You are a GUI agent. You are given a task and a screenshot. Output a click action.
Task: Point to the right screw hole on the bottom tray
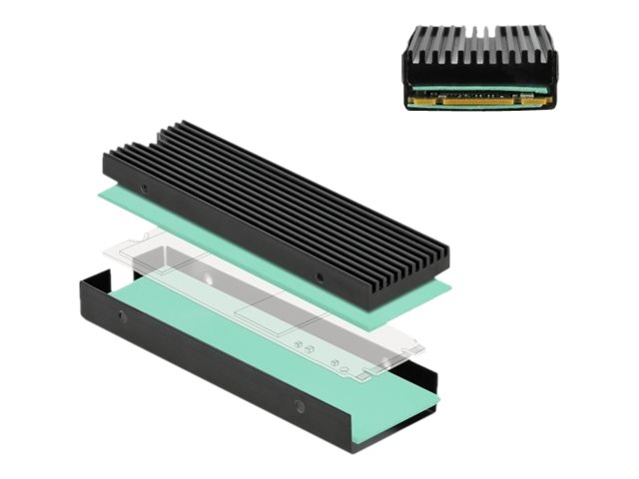pyautogui.click(x=298, y=406)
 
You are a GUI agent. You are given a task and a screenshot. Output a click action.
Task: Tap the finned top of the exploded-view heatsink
pyautogui.click(x=280, y=200)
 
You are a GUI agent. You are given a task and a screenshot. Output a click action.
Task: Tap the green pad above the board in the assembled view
pyautogui.click(x=479, y=85)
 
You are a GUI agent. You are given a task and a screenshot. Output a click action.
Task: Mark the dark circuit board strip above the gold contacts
pyautogui.click(x=479, y=93)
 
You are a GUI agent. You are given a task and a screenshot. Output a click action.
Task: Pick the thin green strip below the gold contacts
pyautogui.click(x=479, y=108)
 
